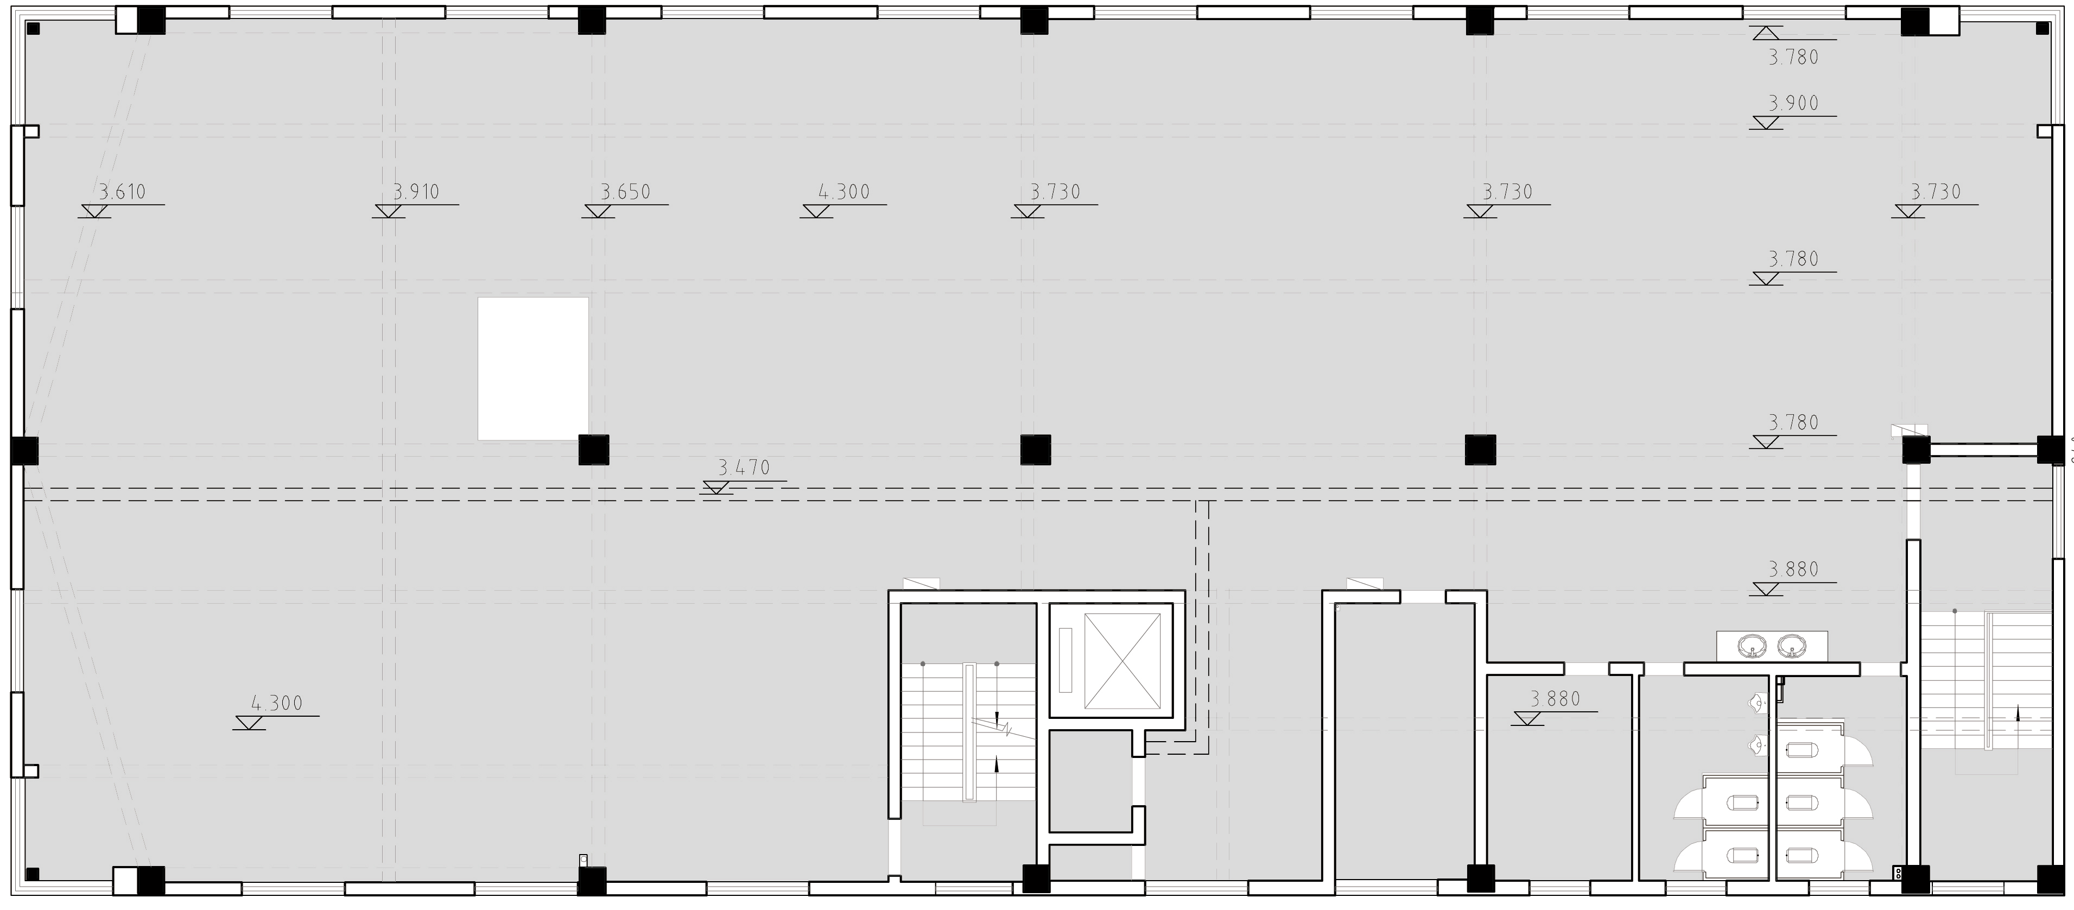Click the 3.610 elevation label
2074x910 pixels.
tap(122, 192)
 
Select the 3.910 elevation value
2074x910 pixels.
tap(416, 192)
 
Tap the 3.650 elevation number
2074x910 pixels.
tap(626, 192)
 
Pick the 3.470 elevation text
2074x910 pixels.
tap(744, 467)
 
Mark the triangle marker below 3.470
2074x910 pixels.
tap(716, 487)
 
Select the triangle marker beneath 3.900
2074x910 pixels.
tap(1766, 122)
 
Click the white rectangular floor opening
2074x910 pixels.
tap(533, 369)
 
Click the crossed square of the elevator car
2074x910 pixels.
tap(1122, 661)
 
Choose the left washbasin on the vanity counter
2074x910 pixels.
tap(1752, 644)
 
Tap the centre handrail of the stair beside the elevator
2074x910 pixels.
tap(969, 732)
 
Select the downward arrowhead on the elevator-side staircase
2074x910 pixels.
tap(997, 719)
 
